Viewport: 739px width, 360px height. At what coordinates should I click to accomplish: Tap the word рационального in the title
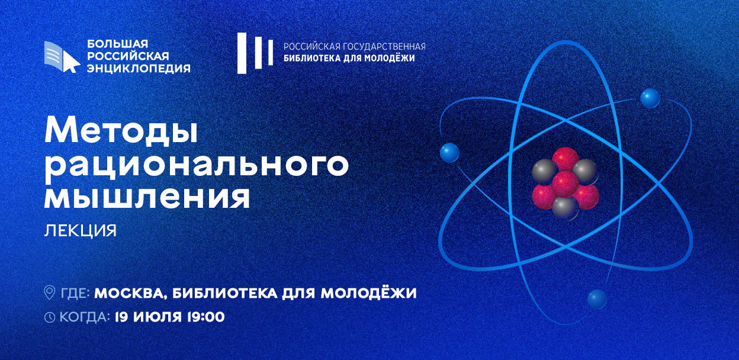(197, 166)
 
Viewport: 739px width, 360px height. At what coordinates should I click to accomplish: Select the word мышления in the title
(147, 198)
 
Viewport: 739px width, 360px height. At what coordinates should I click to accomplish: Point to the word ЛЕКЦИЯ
(81, 231)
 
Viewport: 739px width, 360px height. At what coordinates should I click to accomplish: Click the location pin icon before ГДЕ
(50, 292)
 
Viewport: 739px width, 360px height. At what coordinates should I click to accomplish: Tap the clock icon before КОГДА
(50, 317)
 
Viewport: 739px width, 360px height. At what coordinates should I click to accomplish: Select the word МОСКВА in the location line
(130, 293)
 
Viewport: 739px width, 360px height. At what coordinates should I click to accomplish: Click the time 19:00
(205, 317)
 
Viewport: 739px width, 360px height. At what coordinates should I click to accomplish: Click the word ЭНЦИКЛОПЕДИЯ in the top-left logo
(139, 68)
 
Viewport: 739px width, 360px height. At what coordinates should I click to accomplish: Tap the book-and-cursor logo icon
(62, 57)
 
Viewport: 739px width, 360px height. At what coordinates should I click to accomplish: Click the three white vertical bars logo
(255, 53)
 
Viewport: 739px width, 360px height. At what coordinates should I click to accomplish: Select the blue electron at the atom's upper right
(650, 98)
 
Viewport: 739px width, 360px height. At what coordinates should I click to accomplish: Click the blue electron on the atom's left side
(449, 152)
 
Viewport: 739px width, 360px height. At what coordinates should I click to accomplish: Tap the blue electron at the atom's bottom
(597, 299)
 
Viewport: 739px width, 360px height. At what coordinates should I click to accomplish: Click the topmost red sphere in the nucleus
(566, 159)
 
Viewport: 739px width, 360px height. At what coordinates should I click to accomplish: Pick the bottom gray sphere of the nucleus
(565, 208)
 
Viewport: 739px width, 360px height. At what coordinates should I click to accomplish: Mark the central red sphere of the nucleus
(565, 184)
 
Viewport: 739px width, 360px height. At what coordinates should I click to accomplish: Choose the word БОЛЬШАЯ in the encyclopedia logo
(117, 44)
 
